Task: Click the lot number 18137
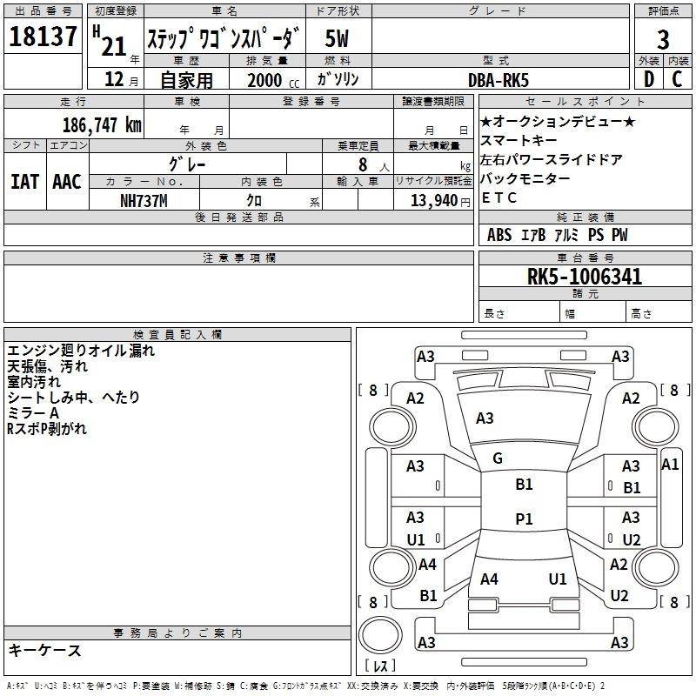click(x=43, y=36)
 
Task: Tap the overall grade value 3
click(x=663, y=40)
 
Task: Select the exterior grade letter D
click(x=649, y=79)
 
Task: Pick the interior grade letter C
click(x=677, y=79)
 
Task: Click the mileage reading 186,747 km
click(x=102, y=124)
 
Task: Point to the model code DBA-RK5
click(x=499, y=80)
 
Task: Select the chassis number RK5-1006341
click(x=585, y=277)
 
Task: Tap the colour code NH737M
click(x=144, y=201)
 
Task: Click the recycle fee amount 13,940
click(x=434, y=201)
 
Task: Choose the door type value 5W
click(x=337, y=38)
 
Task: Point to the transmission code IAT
click(x=25, y=182)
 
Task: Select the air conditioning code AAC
click(x=67, y=182)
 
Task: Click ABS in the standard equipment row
click(x=499, y=235)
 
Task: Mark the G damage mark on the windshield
click(x=498, y=458)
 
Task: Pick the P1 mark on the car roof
click(x=524, y=519)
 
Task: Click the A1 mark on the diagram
click(x=670, y=465)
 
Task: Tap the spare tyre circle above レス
click(x=380, y=635)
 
